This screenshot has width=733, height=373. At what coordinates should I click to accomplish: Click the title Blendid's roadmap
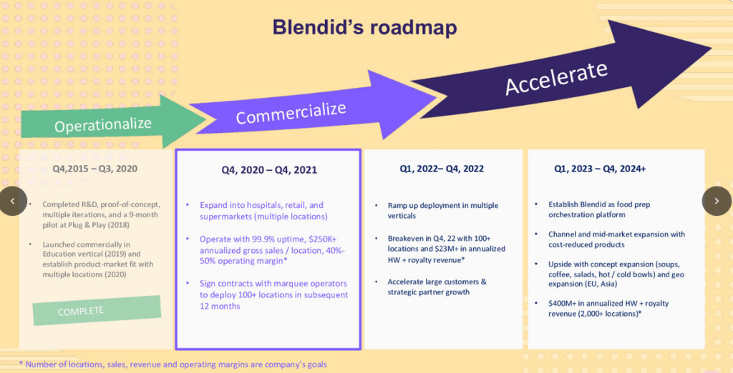point(364,27)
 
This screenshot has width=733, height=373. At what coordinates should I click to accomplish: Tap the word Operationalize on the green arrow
point(103,124)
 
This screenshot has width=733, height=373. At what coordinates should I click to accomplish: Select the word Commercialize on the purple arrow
point(291,113)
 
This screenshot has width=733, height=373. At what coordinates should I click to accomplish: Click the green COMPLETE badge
point(97,310)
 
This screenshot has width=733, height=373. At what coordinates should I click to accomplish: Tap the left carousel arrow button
point(13,202)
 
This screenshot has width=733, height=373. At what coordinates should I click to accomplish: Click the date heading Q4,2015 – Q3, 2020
point(95,169)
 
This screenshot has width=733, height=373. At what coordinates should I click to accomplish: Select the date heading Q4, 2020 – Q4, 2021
point(269,170)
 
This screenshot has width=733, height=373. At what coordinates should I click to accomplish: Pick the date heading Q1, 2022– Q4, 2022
point(442,169)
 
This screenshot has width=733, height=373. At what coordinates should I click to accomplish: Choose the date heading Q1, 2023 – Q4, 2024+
point(601,169)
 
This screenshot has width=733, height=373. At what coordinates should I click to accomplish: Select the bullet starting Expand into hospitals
point(263,211)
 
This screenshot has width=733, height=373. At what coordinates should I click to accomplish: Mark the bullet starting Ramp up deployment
point(442,211)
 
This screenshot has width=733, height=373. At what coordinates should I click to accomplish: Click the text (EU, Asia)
point(601,284)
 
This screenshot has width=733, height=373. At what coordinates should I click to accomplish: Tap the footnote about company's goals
point(173,364)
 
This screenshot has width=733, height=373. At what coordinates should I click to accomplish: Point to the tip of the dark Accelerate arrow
point(711,47)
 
